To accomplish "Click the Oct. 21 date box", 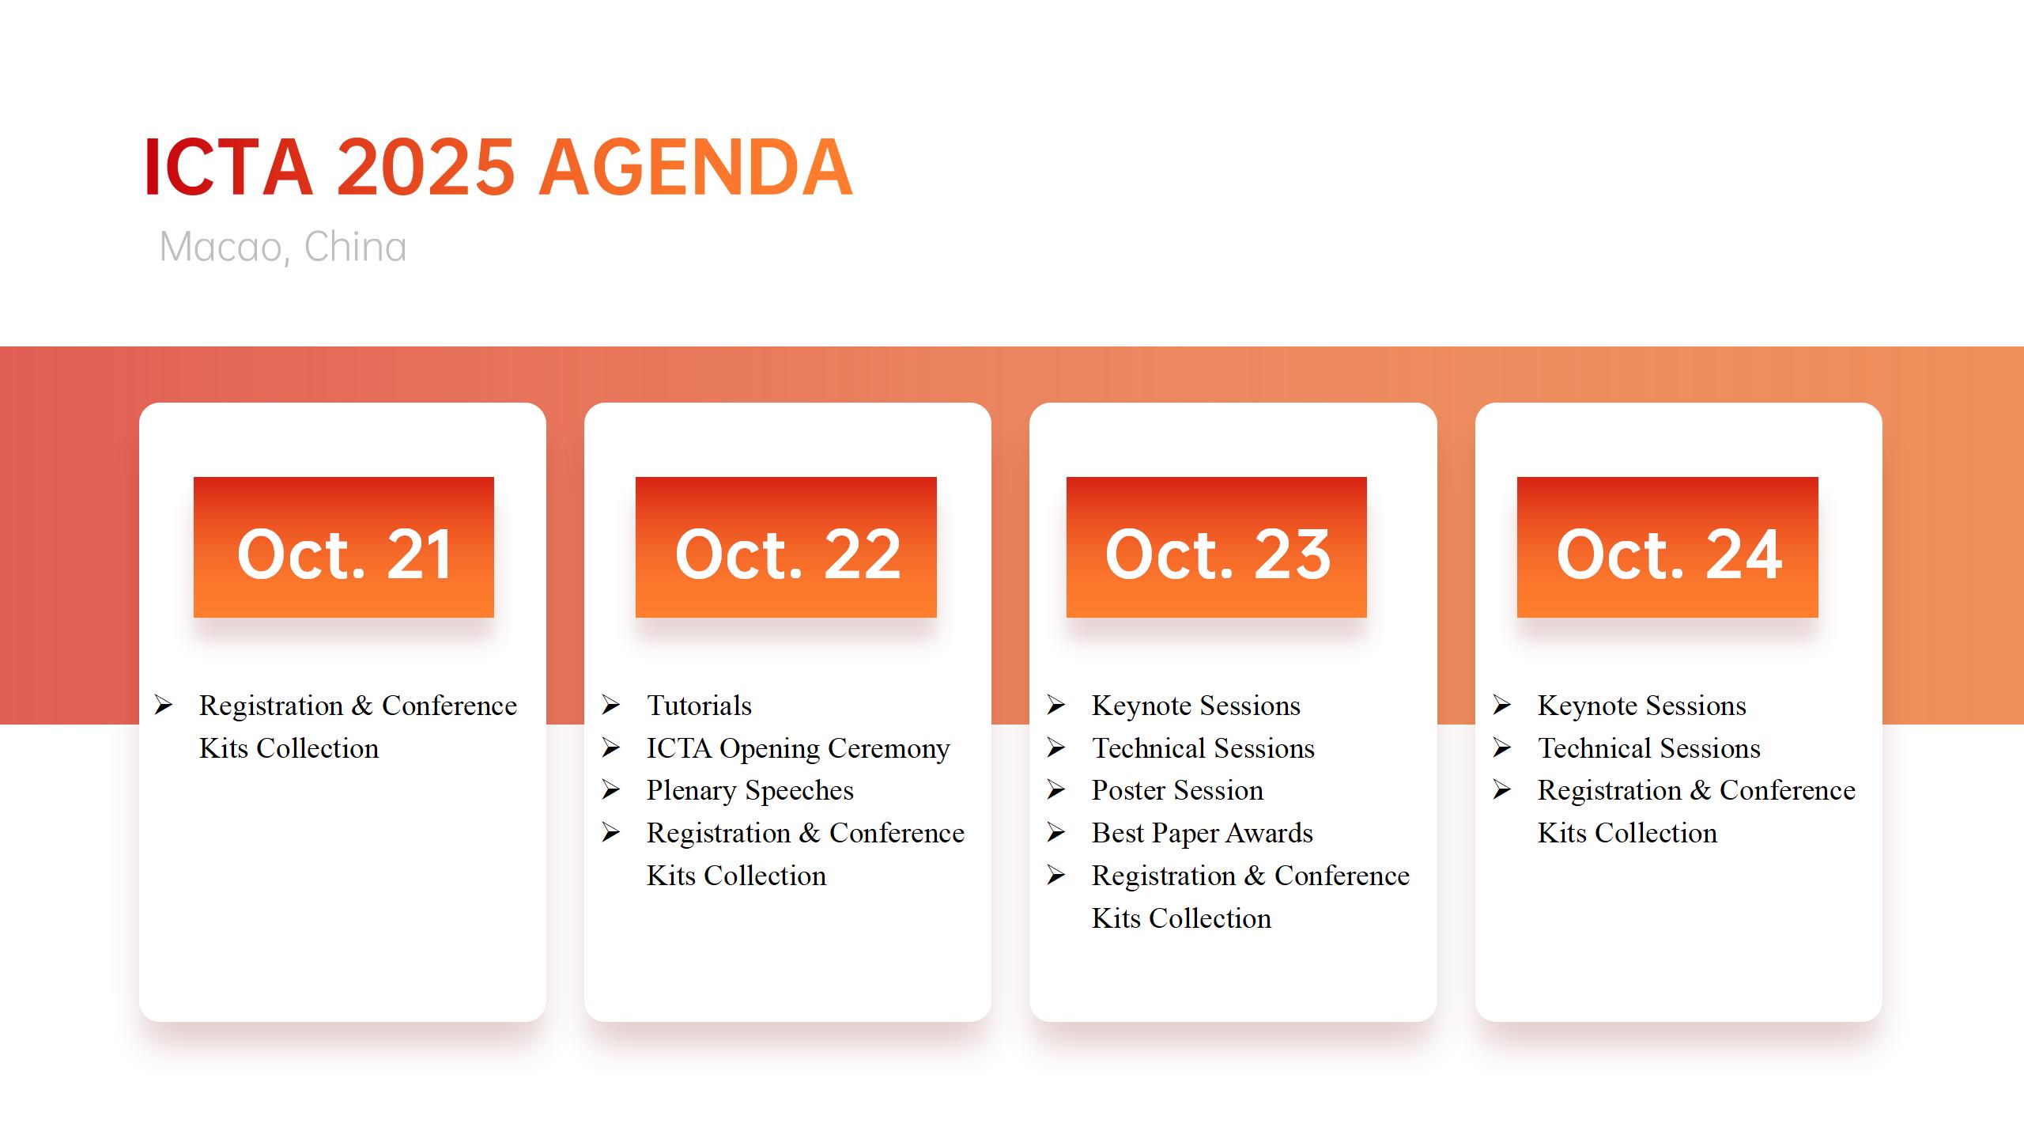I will [343, 547].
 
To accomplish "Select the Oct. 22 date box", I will [786, 547].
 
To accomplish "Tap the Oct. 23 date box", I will [1216, 547].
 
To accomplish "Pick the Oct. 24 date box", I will [1667, 547].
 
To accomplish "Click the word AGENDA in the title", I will [696, 168].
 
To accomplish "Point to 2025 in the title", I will [426, 168].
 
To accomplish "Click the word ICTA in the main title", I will [229, 168].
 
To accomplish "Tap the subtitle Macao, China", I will [283, 247].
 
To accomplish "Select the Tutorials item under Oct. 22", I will [699, 706].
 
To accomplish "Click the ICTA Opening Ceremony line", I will [798, 748].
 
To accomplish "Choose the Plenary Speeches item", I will [750, 790].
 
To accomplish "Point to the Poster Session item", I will [1177, 790].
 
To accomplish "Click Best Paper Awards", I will [1202, 833].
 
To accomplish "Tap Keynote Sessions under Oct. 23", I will [1195, 706].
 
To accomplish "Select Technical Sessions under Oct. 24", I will [1648, 748].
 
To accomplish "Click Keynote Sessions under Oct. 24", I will [1641, 706].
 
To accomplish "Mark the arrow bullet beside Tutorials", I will [610, 705].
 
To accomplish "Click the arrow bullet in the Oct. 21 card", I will [164, 705].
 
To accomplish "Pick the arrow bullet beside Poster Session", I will [1056, 789].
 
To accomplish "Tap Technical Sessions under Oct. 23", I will [1203, 748].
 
